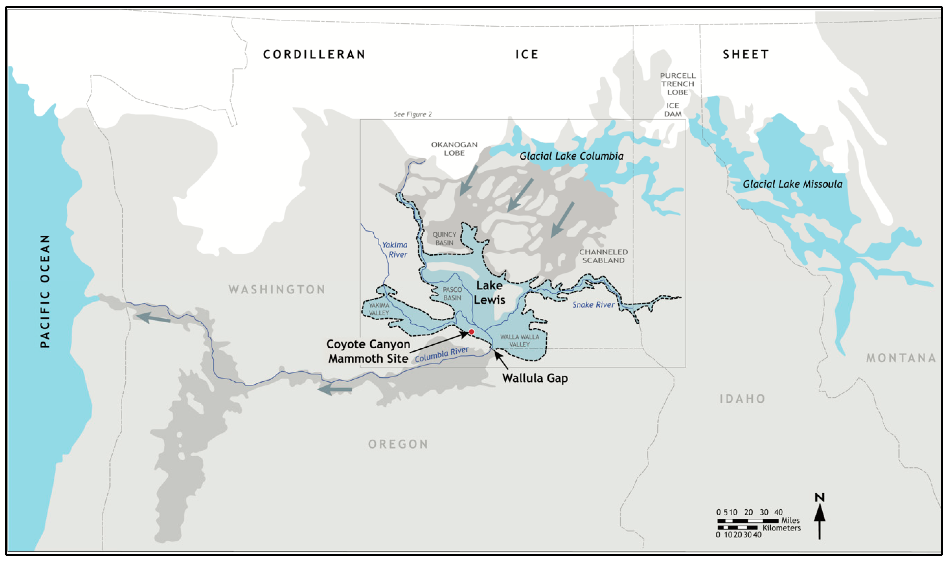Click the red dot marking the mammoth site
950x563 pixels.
pos(471,332)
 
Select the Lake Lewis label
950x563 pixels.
pos(489,292)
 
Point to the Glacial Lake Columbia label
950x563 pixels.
pos(571,156)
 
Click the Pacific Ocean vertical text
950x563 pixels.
pos(45,291)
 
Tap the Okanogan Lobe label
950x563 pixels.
pos(454,149)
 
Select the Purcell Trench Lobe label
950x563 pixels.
pos(678,84)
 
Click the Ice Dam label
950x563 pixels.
pos(673,110)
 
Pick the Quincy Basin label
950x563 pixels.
pos(444,239)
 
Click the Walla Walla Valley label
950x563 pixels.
pos(519,340)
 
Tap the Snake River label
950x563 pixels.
pos(593,305)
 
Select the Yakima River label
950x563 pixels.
pos(395,250)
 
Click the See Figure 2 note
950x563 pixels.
pos(413,114)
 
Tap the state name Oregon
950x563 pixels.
pos(398,444)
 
